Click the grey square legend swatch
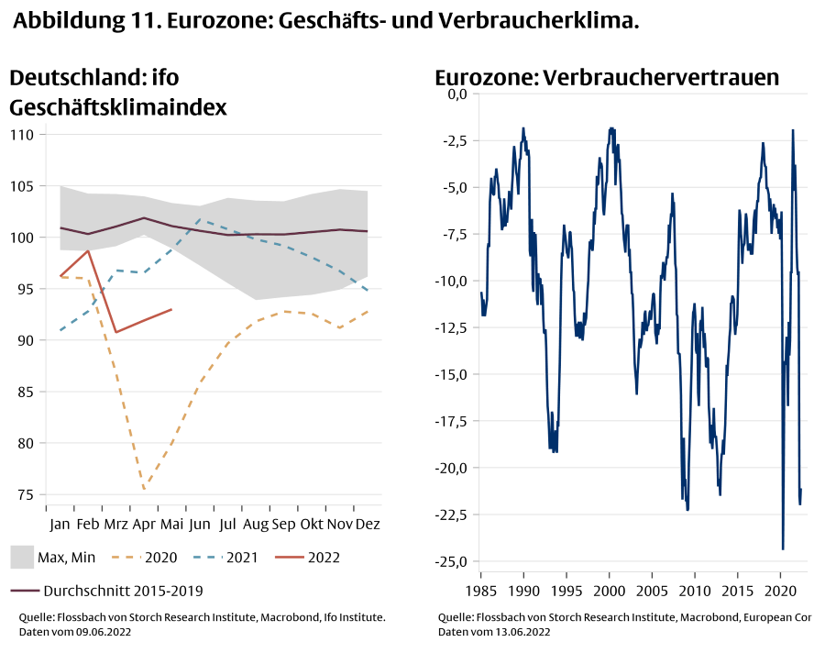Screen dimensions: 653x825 [x=22, y=557]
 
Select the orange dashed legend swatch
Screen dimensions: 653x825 [x=126, y=557]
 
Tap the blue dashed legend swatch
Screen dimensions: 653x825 [x=208, y=557]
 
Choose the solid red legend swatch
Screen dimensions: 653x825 [x=290, y=557]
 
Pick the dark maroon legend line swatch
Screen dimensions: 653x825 [x=25, y=591]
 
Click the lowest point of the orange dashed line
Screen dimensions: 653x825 [x=144, y=489]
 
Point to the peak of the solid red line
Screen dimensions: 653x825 [x=87, y=250]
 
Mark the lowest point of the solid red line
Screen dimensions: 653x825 [x=115, y=332]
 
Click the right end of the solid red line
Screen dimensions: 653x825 [x=171, y=309]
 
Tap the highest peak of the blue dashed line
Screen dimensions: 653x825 [x=200, y=220]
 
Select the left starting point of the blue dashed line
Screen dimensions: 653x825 [x=60, y=330]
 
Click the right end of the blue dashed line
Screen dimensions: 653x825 [x=368, y=292]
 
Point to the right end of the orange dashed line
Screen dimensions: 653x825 [x=368, y=311]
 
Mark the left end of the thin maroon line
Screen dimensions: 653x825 [x=60, y=227]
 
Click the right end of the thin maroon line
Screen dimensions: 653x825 [x=368, y=231]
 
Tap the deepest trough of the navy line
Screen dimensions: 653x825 [x=783, y=548]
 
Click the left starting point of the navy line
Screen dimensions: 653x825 [x=480, y=293]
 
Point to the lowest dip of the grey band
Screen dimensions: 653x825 [x=256, y=300]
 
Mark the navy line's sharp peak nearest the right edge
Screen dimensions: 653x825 [x=793, y=130]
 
